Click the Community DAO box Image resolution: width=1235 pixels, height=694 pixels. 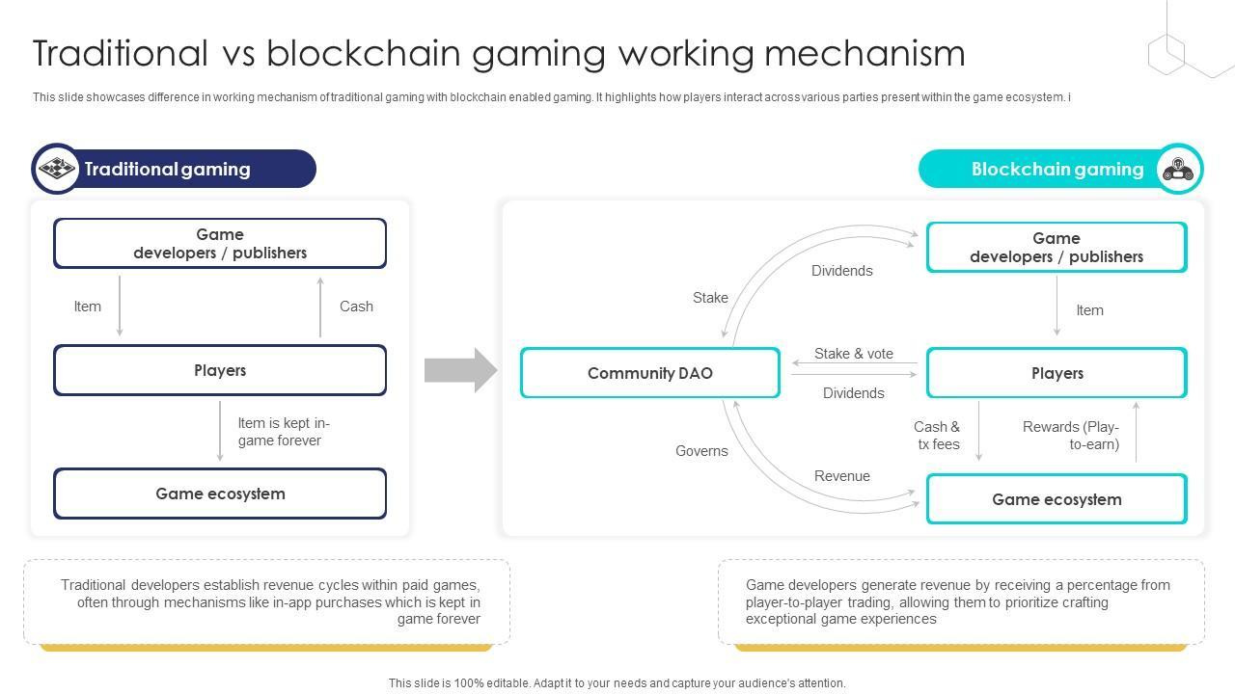point(650,372)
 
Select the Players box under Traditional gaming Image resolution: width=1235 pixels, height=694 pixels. point(220,370)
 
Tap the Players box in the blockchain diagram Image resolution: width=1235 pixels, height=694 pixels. point(1057,372)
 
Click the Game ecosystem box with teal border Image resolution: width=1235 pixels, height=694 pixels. point(1057,499)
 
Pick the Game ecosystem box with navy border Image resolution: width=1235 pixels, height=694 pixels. point(220,494)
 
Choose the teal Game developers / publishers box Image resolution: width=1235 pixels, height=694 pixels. point(1057,247)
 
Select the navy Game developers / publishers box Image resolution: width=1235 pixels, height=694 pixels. point(220,243)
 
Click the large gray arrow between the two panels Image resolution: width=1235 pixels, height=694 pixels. point(460,370)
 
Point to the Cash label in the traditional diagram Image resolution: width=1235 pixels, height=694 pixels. point(356,307)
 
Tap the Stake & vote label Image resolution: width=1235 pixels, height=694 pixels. point(854,354)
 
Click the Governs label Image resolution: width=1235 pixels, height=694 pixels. point(701,451)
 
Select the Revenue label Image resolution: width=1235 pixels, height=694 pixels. point(842,476)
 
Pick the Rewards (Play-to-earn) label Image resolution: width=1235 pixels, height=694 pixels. point(1071,435)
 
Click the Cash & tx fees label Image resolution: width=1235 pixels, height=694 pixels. point(937,435)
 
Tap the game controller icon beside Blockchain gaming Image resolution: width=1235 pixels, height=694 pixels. point(1178,169)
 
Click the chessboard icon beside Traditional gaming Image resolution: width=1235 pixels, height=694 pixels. point(57,168)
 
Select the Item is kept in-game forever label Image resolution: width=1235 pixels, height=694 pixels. point(284,432)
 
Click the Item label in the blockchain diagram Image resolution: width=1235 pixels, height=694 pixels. point(1089,310)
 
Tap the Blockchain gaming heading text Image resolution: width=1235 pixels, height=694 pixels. point(1057,169)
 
